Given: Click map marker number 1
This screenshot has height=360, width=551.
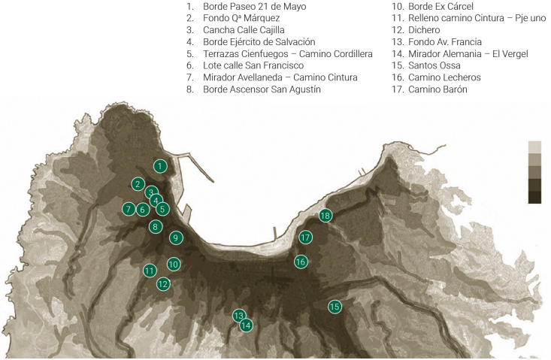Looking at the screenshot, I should click(159, 165).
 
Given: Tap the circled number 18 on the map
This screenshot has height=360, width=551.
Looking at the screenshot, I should click(325, 216).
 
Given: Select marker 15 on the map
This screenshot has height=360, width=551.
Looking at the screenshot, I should click(335, 306).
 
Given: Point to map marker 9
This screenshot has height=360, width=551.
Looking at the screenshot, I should click(175, 237).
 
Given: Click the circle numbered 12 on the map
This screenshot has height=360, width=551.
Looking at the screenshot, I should click(163, 284).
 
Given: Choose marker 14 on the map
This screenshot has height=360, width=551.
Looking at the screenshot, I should click(246, 325).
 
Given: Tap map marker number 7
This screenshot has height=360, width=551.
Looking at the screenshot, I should click(129, 209).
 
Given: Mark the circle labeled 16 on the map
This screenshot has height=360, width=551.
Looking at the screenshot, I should click(301, 262).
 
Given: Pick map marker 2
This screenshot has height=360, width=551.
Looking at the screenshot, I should click(137, 183).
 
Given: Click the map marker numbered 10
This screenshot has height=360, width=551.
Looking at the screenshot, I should click(174, 264).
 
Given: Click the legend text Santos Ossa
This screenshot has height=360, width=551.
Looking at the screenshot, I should click(433, 65).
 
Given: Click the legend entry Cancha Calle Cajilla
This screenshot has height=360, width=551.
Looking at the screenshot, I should click(244, 30).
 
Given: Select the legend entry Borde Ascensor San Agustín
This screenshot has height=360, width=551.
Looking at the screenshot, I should click(262, 89).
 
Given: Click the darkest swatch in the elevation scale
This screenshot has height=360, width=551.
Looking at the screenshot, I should click(534, 198).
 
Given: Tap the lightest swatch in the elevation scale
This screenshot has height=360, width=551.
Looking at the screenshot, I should click(534, 147).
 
